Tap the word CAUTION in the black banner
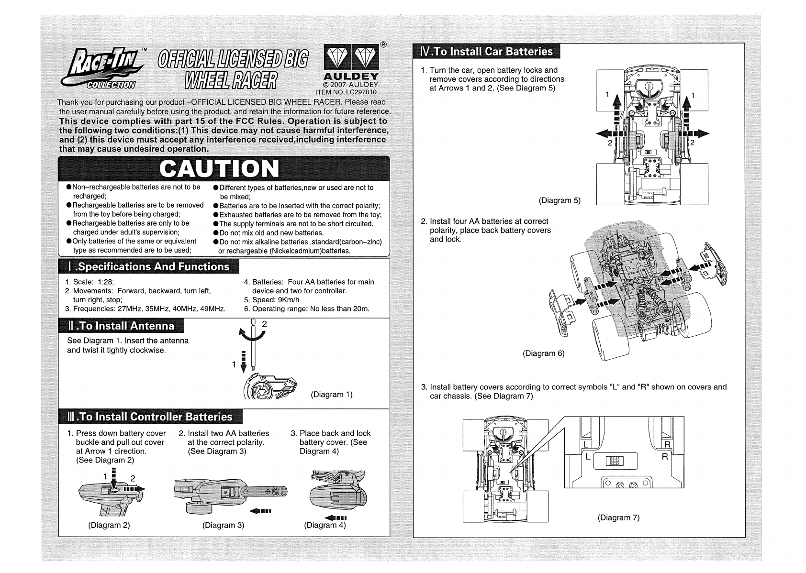click(x=220, y=168)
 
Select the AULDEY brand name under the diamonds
click(x=351, y=77)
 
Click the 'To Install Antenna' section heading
click(x=126, y=326)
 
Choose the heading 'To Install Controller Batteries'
click(x=156, y=417)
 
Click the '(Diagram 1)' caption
click(x=332, y=395)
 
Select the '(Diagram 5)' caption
click(x=560, y=200)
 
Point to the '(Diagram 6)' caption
click(x=544, y=353)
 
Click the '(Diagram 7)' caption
click(x=618, y=518)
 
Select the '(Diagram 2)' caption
click(x=109, y=525)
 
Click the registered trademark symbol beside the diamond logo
click(x=383, y=45)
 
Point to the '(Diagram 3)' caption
click(x=223, y=525)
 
